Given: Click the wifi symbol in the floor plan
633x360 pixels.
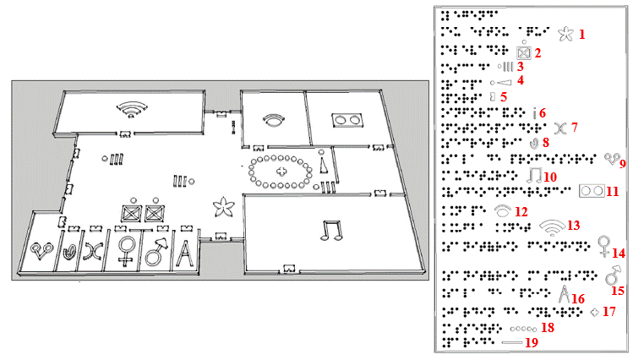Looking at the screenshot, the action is (x=129, y=109).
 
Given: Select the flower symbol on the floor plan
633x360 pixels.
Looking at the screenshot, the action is (x=224, y=205).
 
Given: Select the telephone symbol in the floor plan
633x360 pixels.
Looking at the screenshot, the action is (x=273, y=119).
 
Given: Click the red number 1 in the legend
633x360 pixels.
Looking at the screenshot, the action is (x=581, y=35).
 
